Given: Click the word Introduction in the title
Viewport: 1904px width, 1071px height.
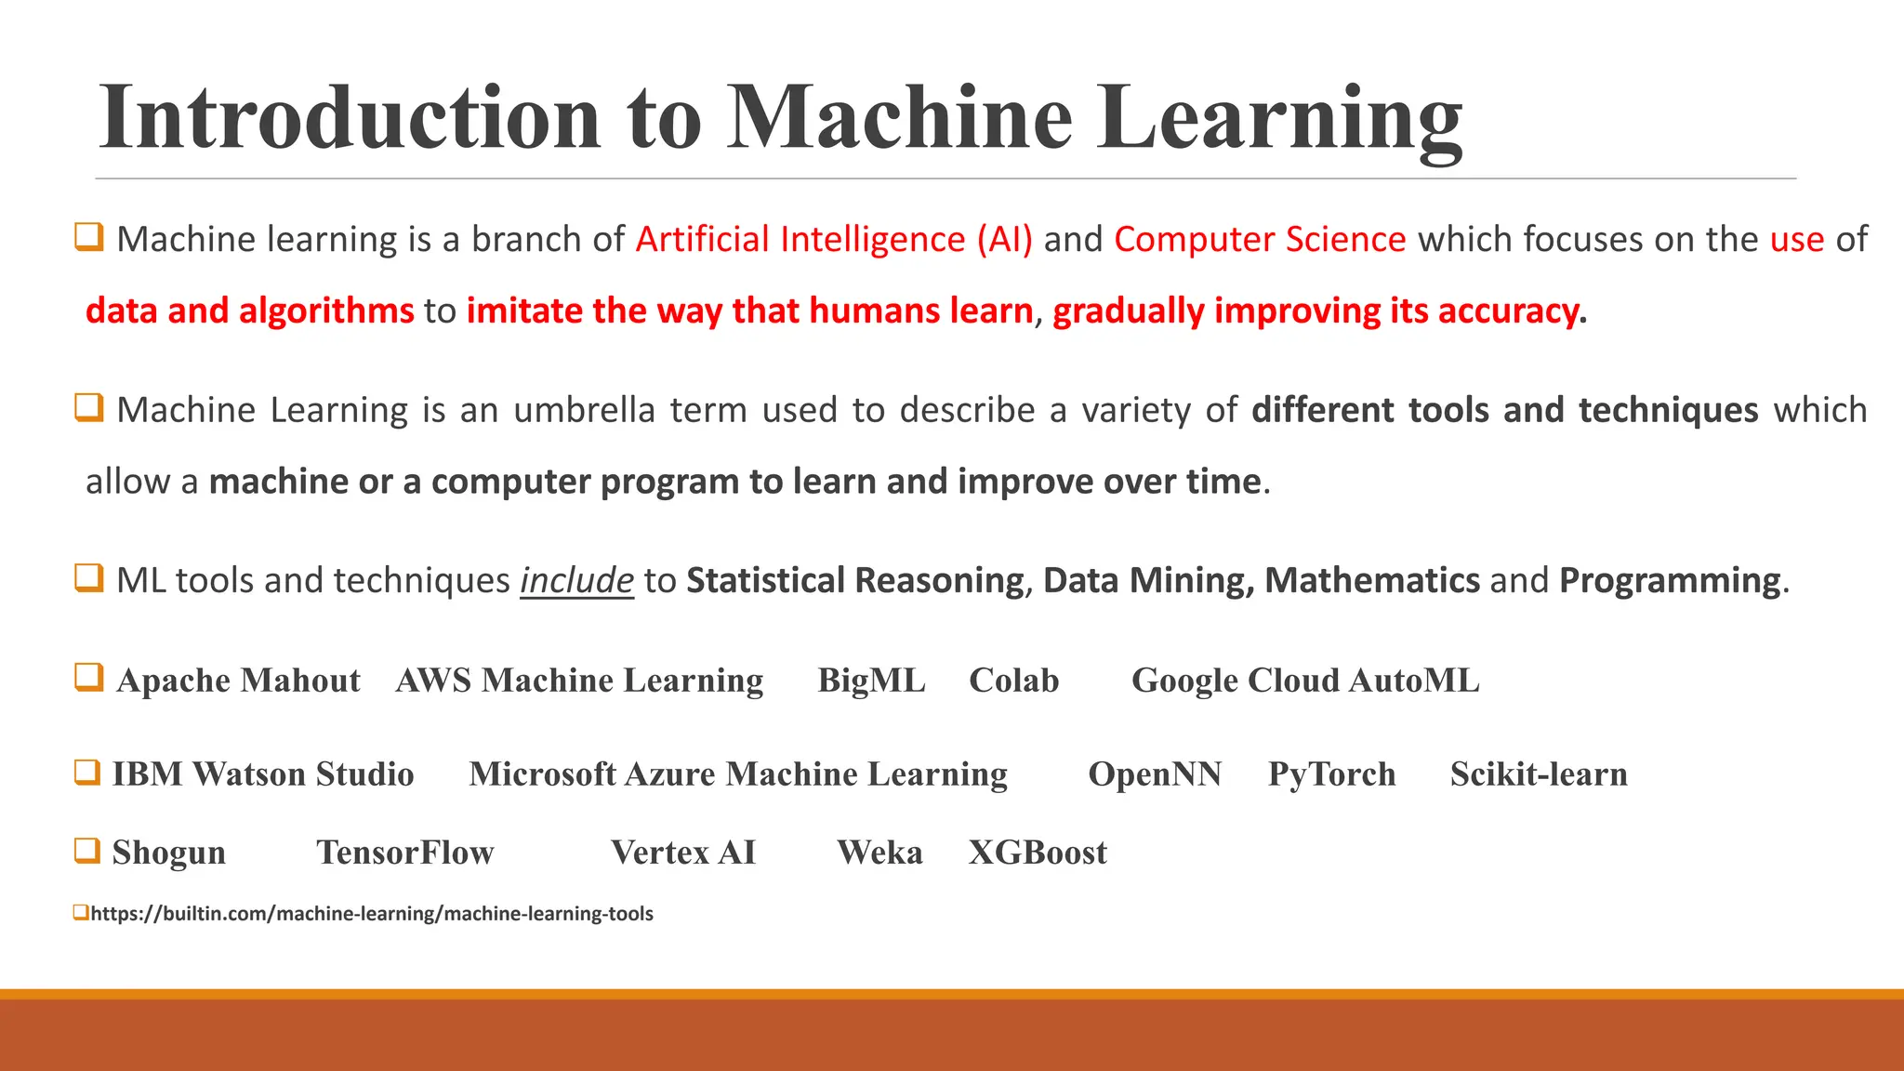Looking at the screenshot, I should [350, 118].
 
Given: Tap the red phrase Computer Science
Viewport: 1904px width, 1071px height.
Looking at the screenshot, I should [1260, 240].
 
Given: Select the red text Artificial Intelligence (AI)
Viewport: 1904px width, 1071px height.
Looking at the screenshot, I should [834, 240].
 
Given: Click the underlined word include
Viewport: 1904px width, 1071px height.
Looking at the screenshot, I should [576, 581].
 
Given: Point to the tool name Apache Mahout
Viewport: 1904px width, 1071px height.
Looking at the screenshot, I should [238, 681].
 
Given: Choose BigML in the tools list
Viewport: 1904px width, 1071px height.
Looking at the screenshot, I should [871, 681].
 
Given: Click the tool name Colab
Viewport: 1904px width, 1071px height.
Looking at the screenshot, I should [1013, 681].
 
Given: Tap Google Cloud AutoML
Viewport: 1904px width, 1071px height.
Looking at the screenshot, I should [1304, 681].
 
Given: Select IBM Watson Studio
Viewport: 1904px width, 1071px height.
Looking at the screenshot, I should [263, 774].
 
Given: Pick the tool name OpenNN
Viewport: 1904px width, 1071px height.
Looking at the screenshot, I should [1155, 774].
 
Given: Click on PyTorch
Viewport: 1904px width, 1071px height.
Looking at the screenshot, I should [1331, 774].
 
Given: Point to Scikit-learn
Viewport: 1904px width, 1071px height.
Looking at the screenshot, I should [1539, 774].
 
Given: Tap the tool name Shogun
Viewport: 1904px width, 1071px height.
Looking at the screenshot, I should [169, 853].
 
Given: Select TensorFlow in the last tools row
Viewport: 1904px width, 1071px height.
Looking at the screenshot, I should [404, 853].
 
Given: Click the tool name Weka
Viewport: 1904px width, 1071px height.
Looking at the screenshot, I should [879, 853].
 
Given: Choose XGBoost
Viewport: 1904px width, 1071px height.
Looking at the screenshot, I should [1038, 853].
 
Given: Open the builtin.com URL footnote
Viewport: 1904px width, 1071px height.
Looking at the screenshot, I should [372, 914].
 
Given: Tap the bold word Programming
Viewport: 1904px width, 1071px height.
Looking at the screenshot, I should [1670, 581].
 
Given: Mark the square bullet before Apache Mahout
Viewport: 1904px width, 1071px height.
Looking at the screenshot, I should [88, 677].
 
